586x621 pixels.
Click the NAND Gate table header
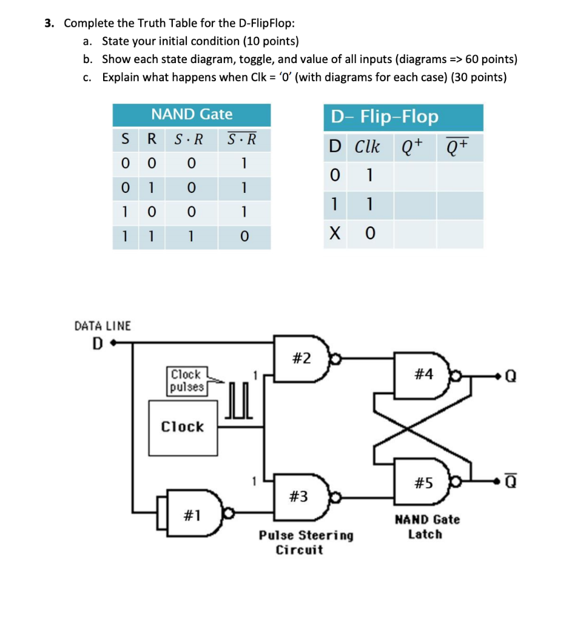191,114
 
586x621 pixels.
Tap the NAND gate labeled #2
301,358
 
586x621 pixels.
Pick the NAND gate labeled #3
301,496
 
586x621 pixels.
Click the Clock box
183,428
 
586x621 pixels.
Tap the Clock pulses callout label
186,380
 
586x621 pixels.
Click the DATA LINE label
103,326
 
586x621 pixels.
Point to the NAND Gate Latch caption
427,527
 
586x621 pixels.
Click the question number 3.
48,24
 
